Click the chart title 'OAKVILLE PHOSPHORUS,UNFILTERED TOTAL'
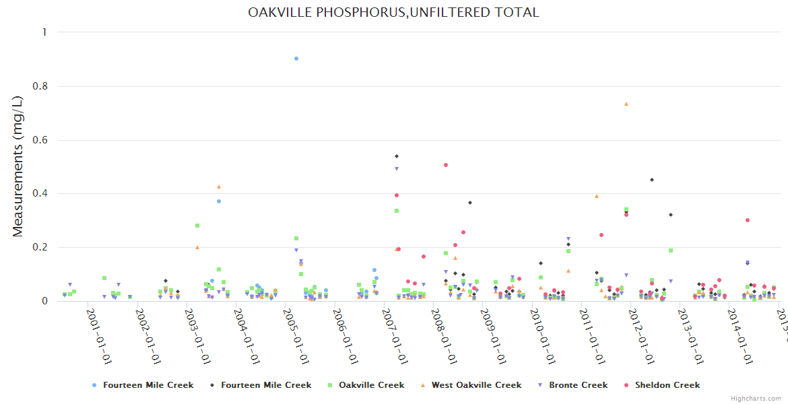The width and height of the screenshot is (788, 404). click(x=393, y=13)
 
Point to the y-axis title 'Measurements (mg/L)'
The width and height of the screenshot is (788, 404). click(x=18, y=166)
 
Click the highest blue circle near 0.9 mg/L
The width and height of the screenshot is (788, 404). click(x=296, y=59)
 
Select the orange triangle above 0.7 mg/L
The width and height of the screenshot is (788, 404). click(x=626, y=104)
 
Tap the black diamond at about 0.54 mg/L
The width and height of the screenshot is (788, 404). click(x=397, y=156)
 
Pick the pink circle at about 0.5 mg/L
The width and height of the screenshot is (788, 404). click(x=446, y=165)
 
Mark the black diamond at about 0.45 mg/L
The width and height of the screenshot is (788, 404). click(x=652, y=180)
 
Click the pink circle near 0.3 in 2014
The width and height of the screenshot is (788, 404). click(x=748, y=220)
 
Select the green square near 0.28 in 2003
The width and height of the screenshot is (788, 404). click(x=197, y=226)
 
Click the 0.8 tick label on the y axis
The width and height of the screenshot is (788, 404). click(x=41, y=86)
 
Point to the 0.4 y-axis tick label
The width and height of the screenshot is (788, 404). click(x=41, y=194)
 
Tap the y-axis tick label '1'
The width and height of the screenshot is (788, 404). click(x=44, y=32)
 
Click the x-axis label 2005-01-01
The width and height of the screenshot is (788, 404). click(x=295, y=335)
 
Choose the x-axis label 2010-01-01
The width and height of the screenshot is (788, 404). click(x=541, y=335)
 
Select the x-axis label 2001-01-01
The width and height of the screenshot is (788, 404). click(x=98, y=335)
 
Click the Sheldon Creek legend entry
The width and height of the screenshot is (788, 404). click(x=667, y=385)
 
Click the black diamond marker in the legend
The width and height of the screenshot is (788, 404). click(x=212, y=385)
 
